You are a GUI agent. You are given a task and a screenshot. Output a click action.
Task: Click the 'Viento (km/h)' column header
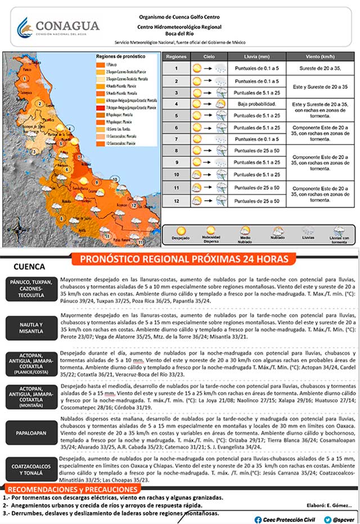point(321,57)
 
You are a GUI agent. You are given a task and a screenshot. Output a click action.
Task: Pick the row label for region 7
point(176,139)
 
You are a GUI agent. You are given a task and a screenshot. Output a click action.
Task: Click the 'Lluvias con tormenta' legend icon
point(339,231)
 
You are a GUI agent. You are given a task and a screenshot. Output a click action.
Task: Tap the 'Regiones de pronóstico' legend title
point(120,57)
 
